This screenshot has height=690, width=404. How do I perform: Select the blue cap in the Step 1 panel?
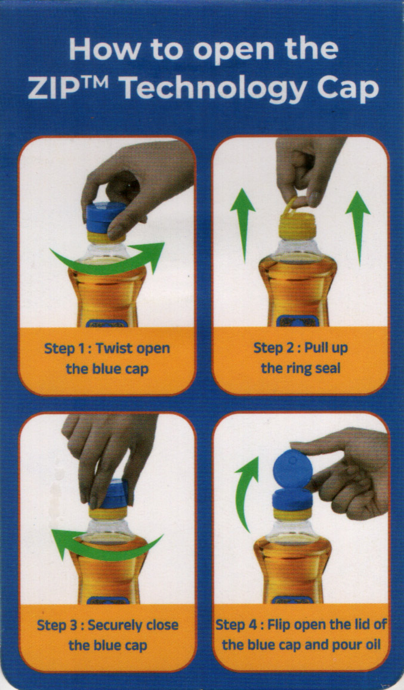pos(106,217)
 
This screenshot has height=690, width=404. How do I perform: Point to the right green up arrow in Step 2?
pos(358,229)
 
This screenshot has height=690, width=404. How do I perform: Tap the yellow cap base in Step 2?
pos(298,227)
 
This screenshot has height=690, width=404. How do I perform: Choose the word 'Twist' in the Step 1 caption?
pos(115,348)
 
